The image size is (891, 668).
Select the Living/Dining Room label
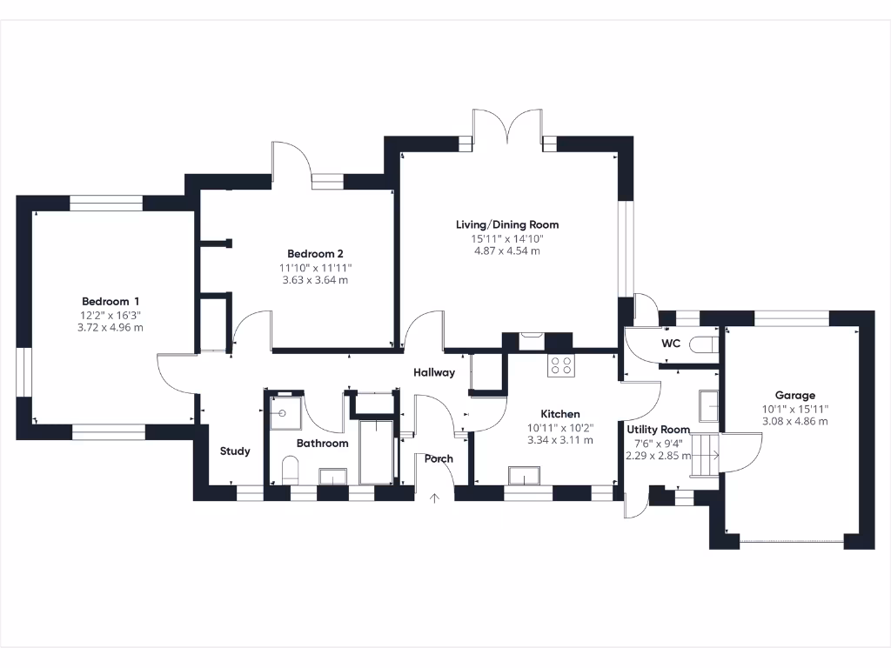coord(507,224)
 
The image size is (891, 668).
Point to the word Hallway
coord(434,372)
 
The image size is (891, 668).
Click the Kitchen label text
coord(560,414)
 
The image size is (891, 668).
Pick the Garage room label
coord(795,395)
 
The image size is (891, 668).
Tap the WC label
coord(671,344)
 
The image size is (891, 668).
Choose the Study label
coord(235,451)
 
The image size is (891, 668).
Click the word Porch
coord(439,458)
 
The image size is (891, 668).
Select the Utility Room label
coord(659,429)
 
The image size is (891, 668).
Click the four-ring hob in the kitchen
coord(561,366)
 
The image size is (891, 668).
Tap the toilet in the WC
coord(702,344)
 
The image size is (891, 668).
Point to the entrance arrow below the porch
coord(435,498)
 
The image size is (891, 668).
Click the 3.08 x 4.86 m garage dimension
coord(795,421)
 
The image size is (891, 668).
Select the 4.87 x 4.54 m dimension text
coord(507,250)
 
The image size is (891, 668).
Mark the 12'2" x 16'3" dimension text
coord(111,315)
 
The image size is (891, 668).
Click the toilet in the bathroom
coord(291,471)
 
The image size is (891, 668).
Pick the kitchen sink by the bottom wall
coord(525,475)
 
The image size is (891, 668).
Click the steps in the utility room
coord(705,454)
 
